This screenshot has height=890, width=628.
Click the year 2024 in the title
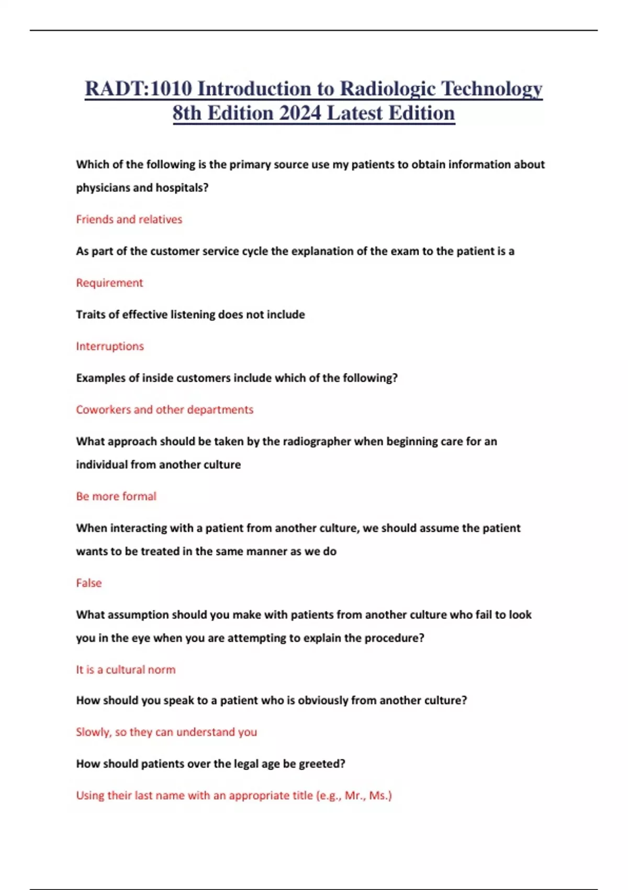[300, 113]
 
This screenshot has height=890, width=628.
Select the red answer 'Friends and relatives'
[129, 219]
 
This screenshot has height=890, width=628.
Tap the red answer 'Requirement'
[109, 283]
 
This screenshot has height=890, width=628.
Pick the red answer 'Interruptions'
[110, 346]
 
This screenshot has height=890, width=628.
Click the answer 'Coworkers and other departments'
[164, 409]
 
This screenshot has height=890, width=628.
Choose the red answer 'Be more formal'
[116, 496]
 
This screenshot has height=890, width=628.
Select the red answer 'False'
[89, 583]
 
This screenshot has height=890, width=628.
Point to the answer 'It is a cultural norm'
[126, 670]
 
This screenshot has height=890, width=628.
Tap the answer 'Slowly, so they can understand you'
[166, 732]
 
